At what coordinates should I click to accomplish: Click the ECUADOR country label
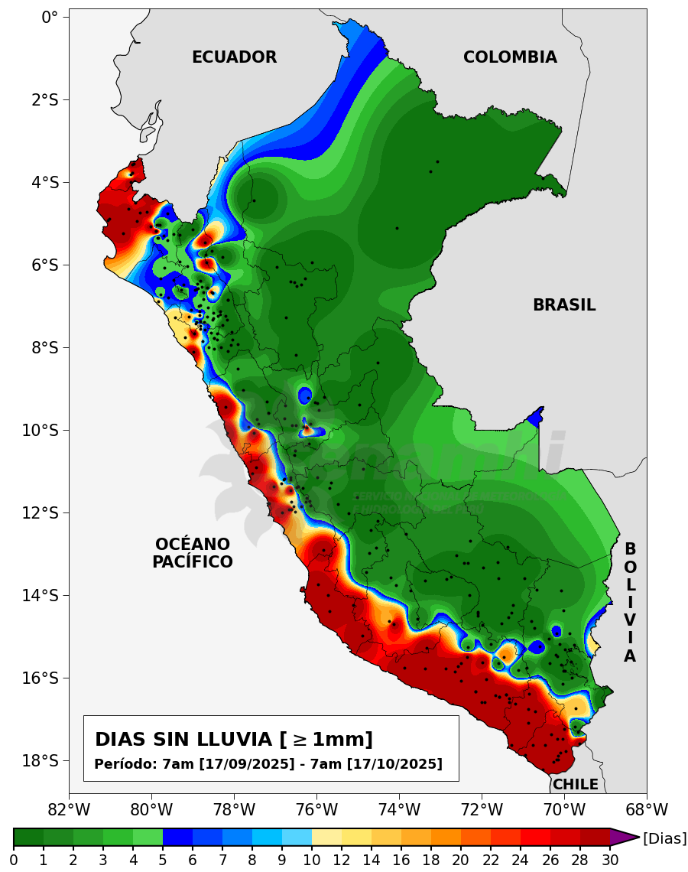pos(234,57)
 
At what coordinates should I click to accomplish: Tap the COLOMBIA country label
pos(510,57)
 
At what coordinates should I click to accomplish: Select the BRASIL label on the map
pos(564,305)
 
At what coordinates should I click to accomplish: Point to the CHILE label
pos(575,784)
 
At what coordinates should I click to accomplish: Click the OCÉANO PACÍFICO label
pos(193,553)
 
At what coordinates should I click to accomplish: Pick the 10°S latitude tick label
pos(38,430)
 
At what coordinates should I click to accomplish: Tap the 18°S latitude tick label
pos(38,760)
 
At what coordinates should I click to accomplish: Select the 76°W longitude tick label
pos(316,809)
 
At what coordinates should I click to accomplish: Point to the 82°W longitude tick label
pos(69,809)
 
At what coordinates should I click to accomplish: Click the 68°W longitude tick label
pos(647,809)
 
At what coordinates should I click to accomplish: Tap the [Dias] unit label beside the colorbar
pos(664,838)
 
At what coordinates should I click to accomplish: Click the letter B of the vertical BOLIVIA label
pos(630,549)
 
